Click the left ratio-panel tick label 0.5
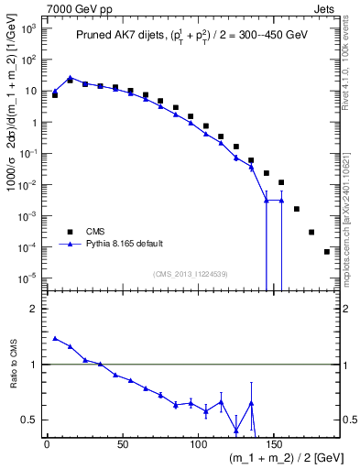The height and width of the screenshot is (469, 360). (29, 420)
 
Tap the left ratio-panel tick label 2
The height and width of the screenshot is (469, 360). (33, 309)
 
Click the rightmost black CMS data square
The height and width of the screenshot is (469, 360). (327, 251)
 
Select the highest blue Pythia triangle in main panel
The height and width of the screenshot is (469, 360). (71, 78)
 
